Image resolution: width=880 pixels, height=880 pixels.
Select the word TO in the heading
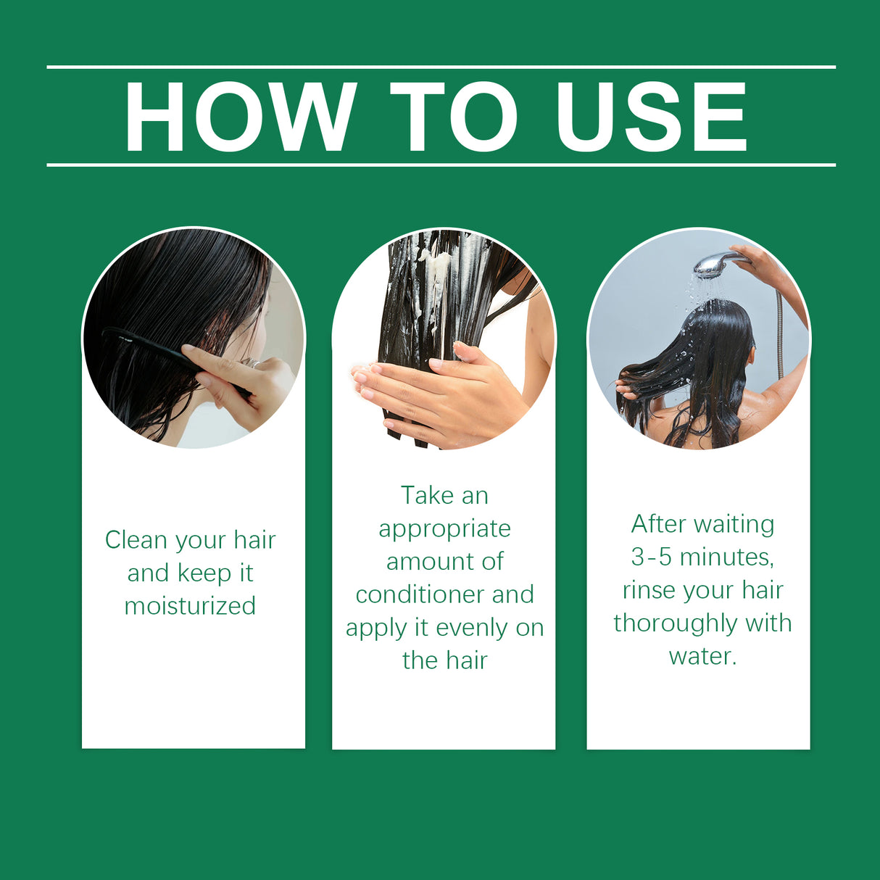tap(454, 117)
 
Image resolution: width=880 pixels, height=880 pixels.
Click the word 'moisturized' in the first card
tap(190, 606)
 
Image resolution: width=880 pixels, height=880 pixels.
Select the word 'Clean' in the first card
tap(136, 540)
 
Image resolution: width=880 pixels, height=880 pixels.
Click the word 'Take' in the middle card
tap(426, 496)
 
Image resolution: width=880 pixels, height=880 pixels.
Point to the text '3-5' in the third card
tap(652, 557)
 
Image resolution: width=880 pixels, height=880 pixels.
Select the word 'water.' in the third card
tap(702, 656)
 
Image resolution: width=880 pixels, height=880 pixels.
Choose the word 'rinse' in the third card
tap(647, 590)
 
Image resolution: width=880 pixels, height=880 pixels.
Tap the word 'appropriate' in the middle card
tap(444, 529)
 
